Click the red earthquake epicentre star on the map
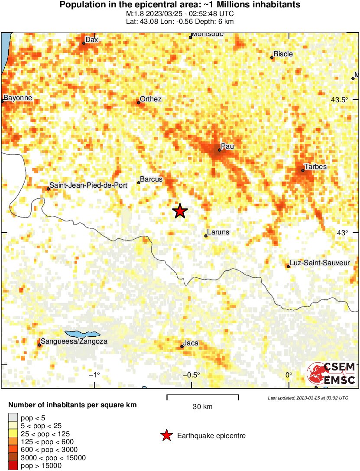(x=180, y=211)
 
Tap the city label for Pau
(x=227, y=146)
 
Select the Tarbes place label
(x=315, y=167)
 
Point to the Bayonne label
(x=18, y=98)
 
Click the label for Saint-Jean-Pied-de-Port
(x=88, y=185)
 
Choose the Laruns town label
(x=218, y=232)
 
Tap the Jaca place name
(x=191, y=343)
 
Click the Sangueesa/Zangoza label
(x=74, y=341)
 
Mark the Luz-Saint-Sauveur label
(x=319, y=263)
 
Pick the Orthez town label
(x=151, y=99)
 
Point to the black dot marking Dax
(x=84, y=43)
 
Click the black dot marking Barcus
(x=139, y=182)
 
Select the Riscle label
(x=283, y=54)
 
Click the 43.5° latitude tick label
(x=340, y=100)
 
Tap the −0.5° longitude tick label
(x=191, y=375)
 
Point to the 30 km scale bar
(x=203, y=396)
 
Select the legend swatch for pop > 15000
(x=13, y=466)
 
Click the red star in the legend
(x=166, y=436)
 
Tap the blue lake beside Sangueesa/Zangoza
(x=82, y=335)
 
